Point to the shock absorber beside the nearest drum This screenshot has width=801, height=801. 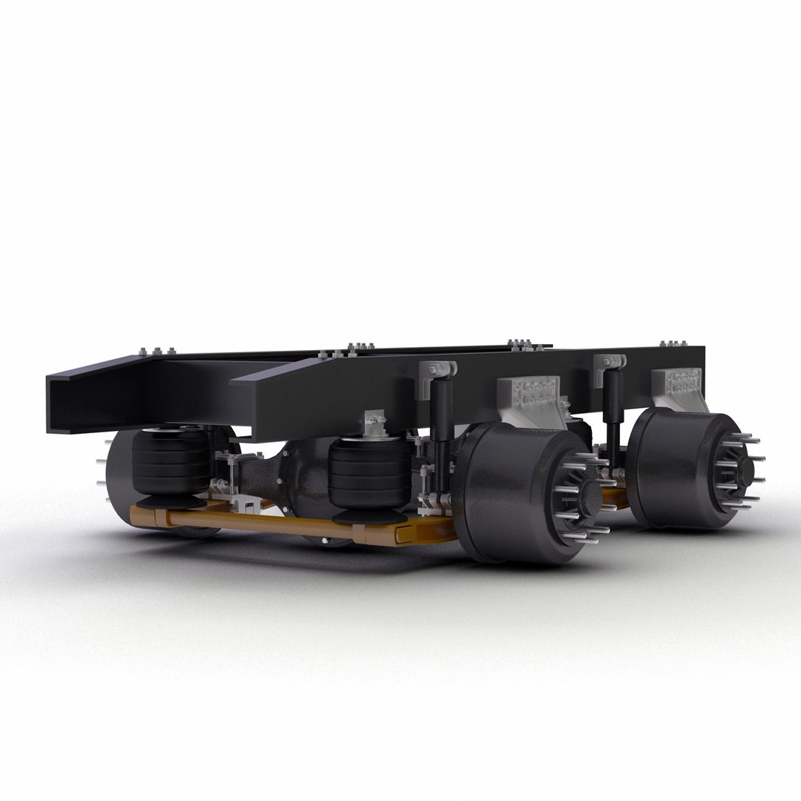[x=443, y=430]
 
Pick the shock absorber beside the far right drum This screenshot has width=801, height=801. [x=612, y=408]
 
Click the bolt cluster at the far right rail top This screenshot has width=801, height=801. [x=672, y=345]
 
